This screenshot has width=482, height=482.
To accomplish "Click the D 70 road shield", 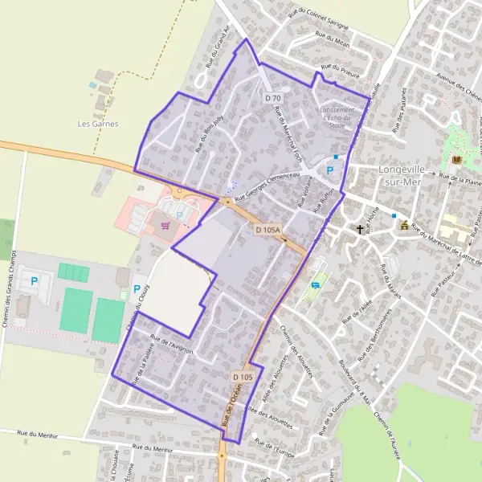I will [x=272, y=97].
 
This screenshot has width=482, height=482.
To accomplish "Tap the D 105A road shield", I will [x=268, y=231].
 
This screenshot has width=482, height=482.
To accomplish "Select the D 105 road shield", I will [x=243, y=377].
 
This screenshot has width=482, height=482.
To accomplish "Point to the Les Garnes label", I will [x=98, y=124].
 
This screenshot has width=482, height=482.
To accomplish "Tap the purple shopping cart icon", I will [x=166, y=225].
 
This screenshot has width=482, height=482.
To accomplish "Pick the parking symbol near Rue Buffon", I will [x=329, y=170].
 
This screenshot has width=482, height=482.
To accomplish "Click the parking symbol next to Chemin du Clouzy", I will [x=137, y=288].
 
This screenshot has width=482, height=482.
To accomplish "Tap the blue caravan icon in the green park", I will [x=315, y=284].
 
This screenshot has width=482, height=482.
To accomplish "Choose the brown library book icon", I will [x=457, y=160].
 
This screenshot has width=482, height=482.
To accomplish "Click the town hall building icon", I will [x=404, y=225].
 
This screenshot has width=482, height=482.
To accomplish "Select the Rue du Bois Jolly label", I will [x=204, y=134].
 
